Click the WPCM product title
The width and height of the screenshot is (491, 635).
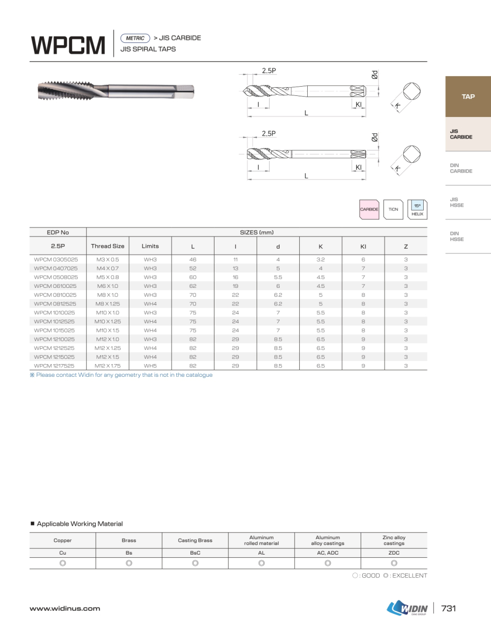pyautogui.click(x=68, y=45)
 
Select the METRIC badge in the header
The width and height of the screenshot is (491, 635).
pyautogui.click(x=135, y=38)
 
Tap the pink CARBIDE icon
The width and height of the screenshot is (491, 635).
pyautogui.click(x=369, y=210)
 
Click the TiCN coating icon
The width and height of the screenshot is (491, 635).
pyautogui.click(x=393, y=210)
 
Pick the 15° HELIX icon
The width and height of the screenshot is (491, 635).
pyautogui.click(x=417, y=210)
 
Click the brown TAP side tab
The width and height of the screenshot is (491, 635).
pyautogui.click(x=468, y=96)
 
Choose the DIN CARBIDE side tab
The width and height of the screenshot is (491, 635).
pyautogui.click(x=461, y=168)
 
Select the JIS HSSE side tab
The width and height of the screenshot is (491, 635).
pyautogui.click(x=457, y=202)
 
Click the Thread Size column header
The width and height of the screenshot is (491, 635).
pyautogui.click(x=108, y=246)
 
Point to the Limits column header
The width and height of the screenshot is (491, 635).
pyautogui.click(x=150, y=246)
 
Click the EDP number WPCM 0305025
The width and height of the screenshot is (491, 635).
pyautogui.click(x=56, y=259)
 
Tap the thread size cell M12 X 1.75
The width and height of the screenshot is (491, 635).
pyautogui.click(x=108, y=366)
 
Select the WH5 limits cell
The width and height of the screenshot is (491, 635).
pyautogui.click(x=150, y=366)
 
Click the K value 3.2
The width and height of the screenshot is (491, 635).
pyautogui.click(x=320, y=259)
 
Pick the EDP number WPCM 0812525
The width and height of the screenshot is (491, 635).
pyautogui.click(x=56, y=304)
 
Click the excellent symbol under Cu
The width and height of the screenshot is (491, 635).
pyautogui.click(x=63, y=563)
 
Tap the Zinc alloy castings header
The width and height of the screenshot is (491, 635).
pyautogui.click(x=394, y=540)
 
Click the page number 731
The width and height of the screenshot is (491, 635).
pyautogui.click(x=448, y=609)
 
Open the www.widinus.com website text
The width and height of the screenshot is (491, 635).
pyautogui.click(x=65, y=609)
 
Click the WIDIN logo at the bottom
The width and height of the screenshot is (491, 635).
pyautogui.click(x=407, y=609)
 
